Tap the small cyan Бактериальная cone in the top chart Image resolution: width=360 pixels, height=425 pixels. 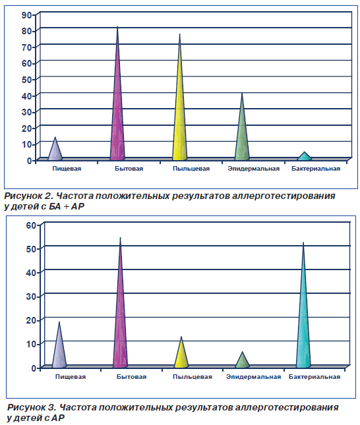pyautogui.click(x=305, y=157)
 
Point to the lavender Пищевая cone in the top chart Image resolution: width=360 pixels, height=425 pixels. pyautogui.click(x=55, y=150)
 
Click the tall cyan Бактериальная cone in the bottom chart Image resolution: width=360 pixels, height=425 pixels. pyautogui.click(x=303, y=312)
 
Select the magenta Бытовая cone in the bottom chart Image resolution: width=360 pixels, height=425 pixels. pyautogui.click(x=120, y=309)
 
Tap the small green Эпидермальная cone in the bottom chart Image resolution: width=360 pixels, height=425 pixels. pyautogui.click(x=242, y=361)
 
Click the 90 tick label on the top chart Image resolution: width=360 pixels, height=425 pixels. pyautogui.click(x=27, y=15)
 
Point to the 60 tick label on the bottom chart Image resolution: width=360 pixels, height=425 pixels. pyautogui.click(x=31, y=225)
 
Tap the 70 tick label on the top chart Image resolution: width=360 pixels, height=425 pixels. pyautogui.click(x=27, y=47)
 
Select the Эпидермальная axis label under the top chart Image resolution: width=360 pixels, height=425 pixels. pyautogui.click(x=254, y=169)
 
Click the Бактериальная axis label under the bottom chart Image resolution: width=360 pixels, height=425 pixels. pyautogui.click(x=315, y=377)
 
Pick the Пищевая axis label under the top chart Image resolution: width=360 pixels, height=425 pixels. pyautogui.click(x=67, y=169)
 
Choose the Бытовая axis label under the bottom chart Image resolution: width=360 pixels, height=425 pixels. pyautogui.click(x=132, y=377)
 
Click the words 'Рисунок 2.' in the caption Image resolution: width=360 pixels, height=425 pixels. pyautogui.click(x=29, y=196)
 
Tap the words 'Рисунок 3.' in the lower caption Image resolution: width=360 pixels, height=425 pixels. pyautogui.click(x=32, y=407)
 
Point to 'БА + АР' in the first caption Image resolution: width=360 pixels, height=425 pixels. pyautogui.click(x=67, y=206)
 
